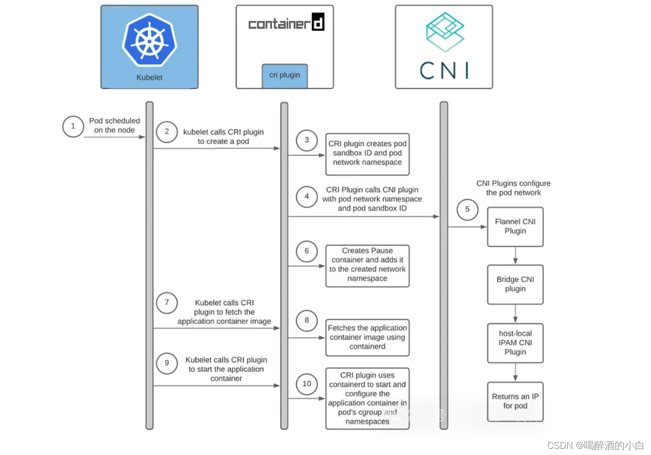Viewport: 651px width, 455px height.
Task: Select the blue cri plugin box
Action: [285, 75]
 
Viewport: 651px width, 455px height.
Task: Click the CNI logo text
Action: [444, 71]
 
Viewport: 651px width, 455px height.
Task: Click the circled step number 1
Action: [73, 126]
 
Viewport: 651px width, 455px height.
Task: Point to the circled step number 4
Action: [307, 197]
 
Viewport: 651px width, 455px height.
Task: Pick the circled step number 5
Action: [467, 209]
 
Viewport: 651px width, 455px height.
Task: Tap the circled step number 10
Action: [307, 384]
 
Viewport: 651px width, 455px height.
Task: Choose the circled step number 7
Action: [167, 303]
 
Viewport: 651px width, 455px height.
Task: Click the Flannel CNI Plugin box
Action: [515, 227]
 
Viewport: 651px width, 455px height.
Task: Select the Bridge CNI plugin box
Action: [515, 284]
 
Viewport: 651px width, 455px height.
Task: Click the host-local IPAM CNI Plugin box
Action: [515, 343]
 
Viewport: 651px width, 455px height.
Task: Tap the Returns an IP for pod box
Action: [515, 402]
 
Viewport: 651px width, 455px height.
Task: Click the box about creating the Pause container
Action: [367, 265]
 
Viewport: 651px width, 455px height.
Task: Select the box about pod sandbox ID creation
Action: [367, 154]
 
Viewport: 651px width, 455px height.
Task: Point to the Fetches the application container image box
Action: [367, 338]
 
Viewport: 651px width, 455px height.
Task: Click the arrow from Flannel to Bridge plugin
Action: [515, 256]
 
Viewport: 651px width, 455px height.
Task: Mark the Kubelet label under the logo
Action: [149, 78]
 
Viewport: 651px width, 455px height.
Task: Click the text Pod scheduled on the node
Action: [114, 126]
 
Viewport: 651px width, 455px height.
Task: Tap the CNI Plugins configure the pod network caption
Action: [513, 188]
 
